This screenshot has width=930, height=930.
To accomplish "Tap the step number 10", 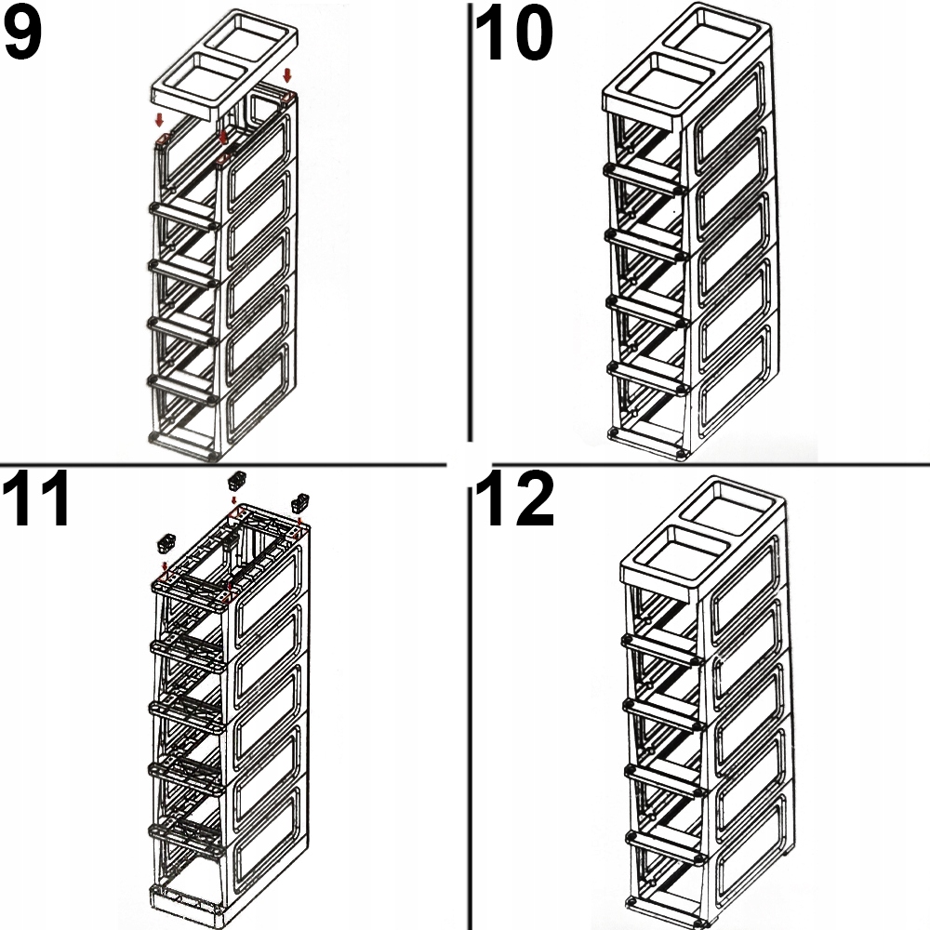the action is [x=513, y=35].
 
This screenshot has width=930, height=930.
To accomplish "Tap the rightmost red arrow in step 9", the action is [x=287, y=74].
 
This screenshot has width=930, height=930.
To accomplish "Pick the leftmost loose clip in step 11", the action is [x=167, y=541].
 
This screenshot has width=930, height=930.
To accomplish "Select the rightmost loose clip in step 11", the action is [x=299, y=502].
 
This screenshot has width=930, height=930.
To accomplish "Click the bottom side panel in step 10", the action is [x=735, y=391].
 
